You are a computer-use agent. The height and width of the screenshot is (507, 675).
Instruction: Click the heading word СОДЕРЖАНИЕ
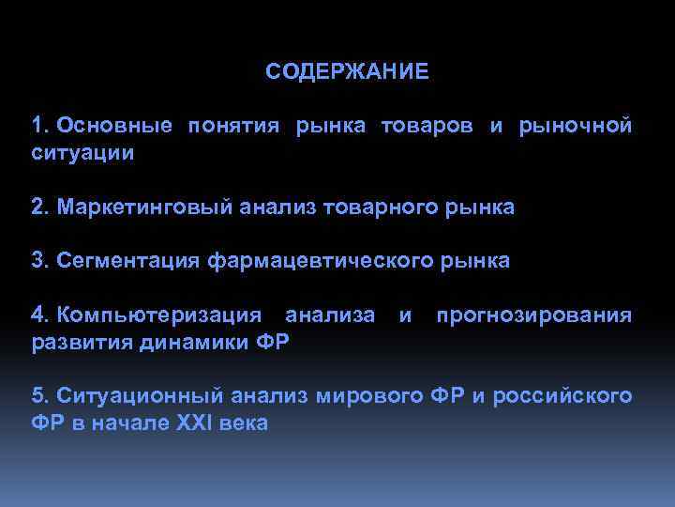pos(347,72)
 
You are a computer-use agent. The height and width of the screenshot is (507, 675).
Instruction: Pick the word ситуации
pos(82,152)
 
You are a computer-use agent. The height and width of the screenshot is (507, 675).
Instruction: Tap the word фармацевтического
pos(319,261)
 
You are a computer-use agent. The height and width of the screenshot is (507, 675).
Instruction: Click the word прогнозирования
pos(533,315)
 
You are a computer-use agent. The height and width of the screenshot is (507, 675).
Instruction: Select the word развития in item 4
pos(82,341)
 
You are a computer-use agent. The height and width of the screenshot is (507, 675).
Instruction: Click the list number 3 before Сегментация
pos(37,261)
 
